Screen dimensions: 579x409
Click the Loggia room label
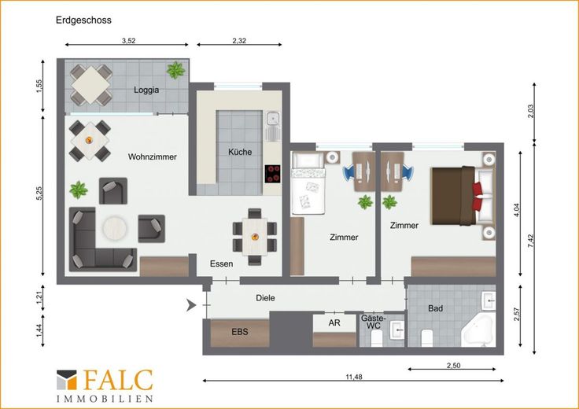(146, 90)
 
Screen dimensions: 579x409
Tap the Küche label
(240, 152)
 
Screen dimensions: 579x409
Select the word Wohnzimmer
(152, 157)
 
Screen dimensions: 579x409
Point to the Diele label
(265, 298)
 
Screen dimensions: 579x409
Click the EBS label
(240, 332)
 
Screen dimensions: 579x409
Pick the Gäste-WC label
(374, 322)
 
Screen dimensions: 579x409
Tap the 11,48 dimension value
(354, 377)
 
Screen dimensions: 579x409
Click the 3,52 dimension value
(128, 41)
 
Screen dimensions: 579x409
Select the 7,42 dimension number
(531, 241)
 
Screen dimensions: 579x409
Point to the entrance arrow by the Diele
(190, 305)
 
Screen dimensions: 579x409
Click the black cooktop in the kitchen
(272, 174)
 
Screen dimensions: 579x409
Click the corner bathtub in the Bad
(478, 331)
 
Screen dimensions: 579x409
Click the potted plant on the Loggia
(175, 70)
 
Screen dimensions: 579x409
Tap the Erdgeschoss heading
(83, 20)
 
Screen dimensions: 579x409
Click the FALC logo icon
(66, 380)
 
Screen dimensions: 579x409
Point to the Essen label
(221, 263)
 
